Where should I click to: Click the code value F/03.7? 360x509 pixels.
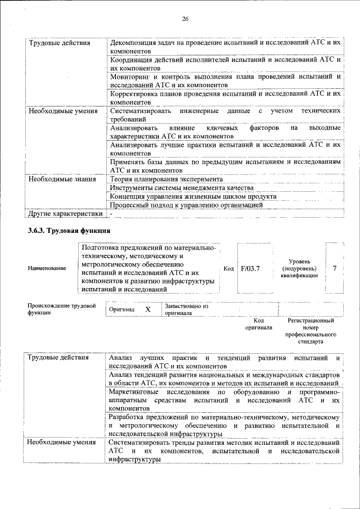tap(250, 268)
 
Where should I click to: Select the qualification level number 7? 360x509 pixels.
tap(335, 268)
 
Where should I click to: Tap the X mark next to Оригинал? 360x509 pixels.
tap(148, 310)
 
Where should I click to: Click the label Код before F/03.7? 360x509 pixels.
tap(228, 268)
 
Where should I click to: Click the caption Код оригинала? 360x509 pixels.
tap(259, 323)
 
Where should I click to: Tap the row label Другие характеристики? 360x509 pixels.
tap(65, 214)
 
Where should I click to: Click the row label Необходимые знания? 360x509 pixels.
tap(60, 179)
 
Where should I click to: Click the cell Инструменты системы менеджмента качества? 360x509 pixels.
tap(181, 188)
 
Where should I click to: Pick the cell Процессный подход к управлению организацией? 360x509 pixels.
tap(186, 205)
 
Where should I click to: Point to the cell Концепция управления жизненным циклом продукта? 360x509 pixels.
tap(193, 196)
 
